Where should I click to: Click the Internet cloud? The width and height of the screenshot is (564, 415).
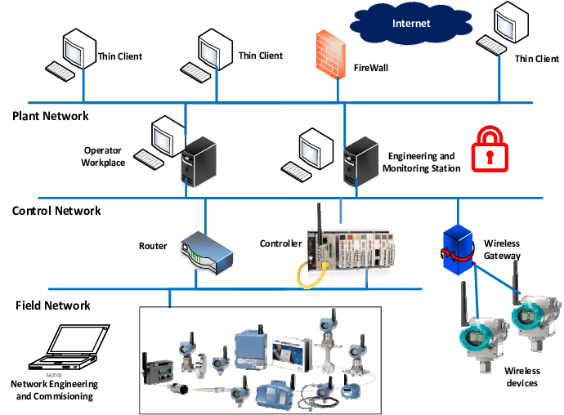(x=410, y=25)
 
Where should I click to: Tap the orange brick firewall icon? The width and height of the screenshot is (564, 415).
(x=327, y=51)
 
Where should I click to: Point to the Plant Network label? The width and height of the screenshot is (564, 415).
(x=51, y=116)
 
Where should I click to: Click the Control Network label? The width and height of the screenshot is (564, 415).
(x=56, y=211)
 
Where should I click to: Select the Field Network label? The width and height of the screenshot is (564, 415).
(x=53, y=306)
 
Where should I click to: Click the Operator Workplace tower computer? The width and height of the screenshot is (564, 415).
(x=197, y=163)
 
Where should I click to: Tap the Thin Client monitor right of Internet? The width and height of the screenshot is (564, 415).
(x=508, y=31)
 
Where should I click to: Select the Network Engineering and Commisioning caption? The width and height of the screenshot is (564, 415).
(x=54, y=390)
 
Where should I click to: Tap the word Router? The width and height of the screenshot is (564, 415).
(x=153, y=244)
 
